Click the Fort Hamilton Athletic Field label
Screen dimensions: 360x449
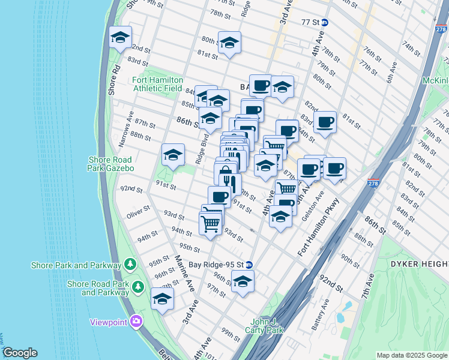coord(148,84)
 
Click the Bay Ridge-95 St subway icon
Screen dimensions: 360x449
coord(249,265)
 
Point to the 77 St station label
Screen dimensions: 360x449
coord(310,22)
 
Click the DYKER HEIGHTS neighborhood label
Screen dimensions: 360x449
coord(419,264)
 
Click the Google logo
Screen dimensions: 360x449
coord(19,353)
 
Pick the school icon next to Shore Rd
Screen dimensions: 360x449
coord(120,38)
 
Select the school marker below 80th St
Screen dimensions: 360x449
coord(229,43)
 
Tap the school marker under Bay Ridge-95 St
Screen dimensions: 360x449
coord(243,281)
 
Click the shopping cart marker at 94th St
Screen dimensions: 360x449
coord(210,224)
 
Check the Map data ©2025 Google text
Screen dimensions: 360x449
coord(411,355)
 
